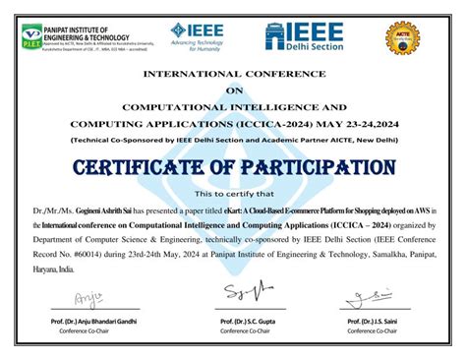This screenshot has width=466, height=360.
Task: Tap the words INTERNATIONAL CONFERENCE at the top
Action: pos(233,75)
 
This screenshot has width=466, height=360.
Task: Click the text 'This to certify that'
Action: pos(233,194)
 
